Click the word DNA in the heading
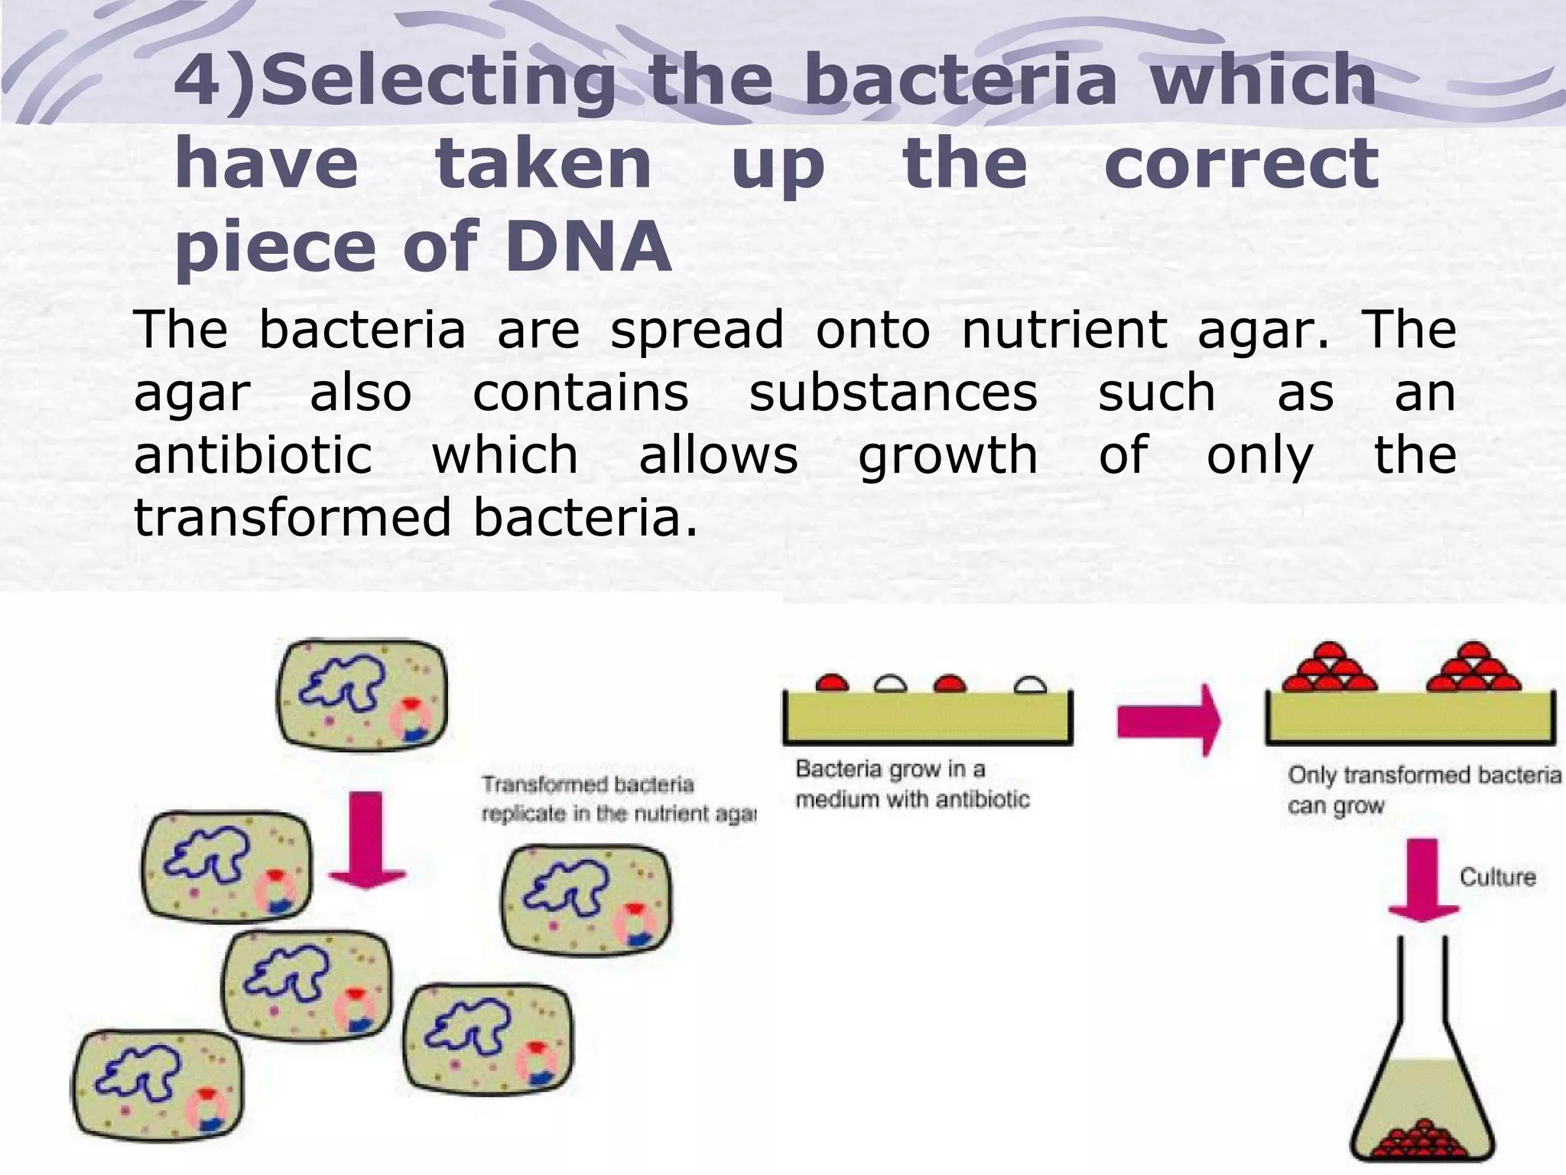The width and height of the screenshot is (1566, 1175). (587, 246)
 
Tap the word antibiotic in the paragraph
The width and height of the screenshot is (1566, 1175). (252, 455)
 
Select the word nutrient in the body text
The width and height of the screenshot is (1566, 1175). (1064, 330)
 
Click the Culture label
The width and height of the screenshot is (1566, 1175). (1497, 877)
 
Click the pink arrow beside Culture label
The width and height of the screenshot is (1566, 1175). (1423, 880)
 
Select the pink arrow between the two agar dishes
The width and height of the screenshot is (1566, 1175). (1168, 721)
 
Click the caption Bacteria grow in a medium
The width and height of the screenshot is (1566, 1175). (911, 784)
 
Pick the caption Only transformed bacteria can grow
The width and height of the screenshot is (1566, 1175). (1422, 789)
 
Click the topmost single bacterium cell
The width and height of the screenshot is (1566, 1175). (362, 695)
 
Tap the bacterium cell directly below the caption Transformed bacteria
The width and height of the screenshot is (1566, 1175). (586, 900)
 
